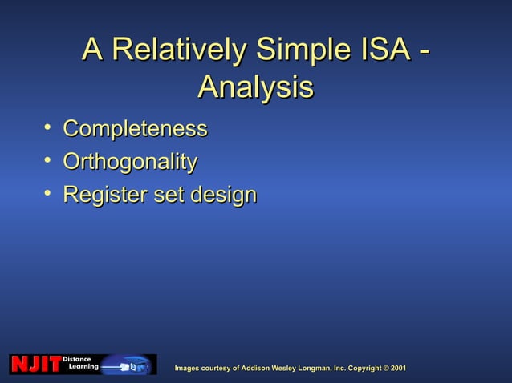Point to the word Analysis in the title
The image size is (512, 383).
[255, 87]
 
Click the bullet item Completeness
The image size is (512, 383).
[135, 129]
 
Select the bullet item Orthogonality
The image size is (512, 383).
[130, 163]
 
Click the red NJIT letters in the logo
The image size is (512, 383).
[35, 365]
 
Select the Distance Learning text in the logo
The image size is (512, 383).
[80, 362]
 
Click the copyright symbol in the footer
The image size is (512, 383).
[384, 368]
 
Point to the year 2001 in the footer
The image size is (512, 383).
[398, 368]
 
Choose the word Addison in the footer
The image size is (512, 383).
[260, 368]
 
